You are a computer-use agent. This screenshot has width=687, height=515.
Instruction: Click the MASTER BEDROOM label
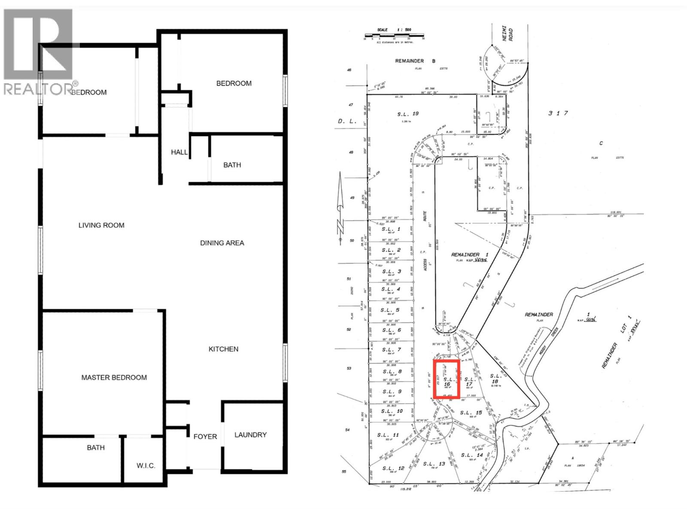pyautogui.click(x=114, y=378)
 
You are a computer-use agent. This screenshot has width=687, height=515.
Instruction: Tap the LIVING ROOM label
pyautogui.click(x=101, y=225)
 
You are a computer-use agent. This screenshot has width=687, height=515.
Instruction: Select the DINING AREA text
pyautogui.click(x=222, y=243)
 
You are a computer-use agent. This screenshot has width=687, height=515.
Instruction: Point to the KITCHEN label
pyautogui.click(x=223, y=349)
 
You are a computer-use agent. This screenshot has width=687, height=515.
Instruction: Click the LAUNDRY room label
pyautogui.click(x=250, y=435)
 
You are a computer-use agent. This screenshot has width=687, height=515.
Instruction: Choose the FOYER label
pyautogui.click(x=205, y=436)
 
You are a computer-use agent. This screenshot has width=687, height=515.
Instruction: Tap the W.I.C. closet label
pyautogui.click(x=146, y=466)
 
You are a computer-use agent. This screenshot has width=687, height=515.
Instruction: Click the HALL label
pyautogui.click(x=179, y=152)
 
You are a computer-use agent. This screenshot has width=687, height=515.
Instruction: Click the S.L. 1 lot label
pyautogui.click(x=391, y=229)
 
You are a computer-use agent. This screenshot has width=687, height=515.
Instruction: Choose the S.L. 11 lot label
pyautogui.click(x=388, y=435)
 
